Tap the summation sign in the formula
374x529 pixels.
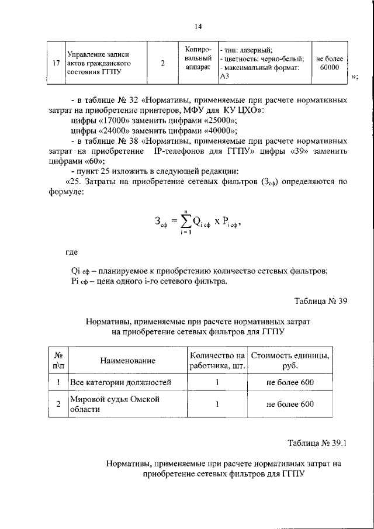click(x=186, y=222)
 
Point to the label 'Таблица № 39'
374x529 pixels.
click(x=321, y=301)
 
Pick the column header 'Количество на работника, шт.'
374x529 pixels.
click(x=217, y=361)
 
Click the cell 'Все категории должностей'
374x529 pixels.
click(x=120, y=383)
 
